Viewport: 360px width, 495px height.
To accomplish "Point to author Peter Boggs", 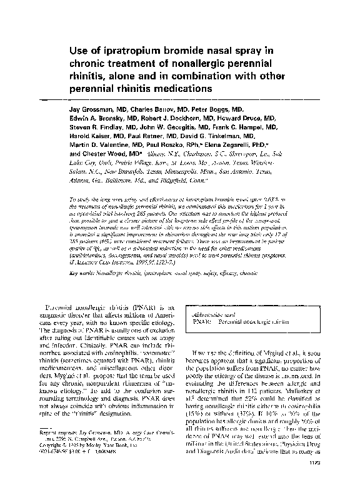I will coord(206,108).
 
